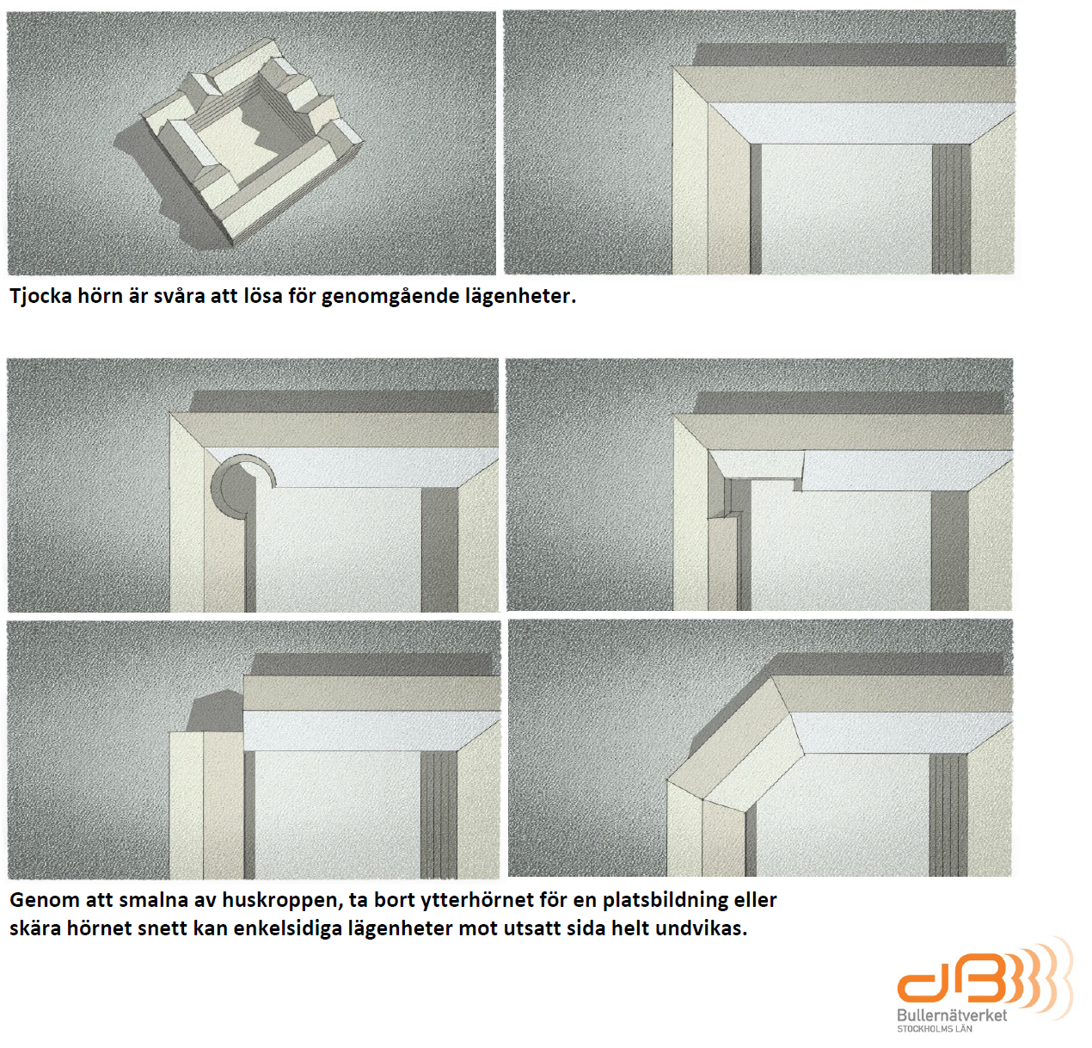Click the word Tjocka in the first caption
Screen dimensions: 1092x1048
(41, 296)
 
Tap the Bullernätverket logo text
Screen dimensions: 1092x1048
(952, 1015)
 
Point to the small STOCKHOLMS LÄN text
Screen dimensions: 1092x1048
(935, 1029)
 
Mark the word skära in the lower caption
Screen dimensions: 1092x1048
(34, 928)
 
